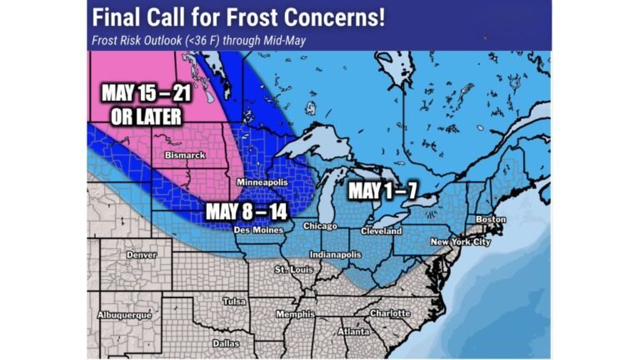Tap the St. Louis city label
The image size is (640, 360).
click(x=292, y=271)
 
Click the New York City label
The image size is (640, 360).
click(x=457, y=242)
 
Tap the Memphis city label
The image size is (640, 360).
click(x=297, y=314)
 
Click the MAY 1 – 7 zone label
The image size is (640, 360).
click(x=381, y=190)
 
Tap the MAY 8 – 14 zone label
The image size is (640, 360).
click(x=246, y=211)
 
